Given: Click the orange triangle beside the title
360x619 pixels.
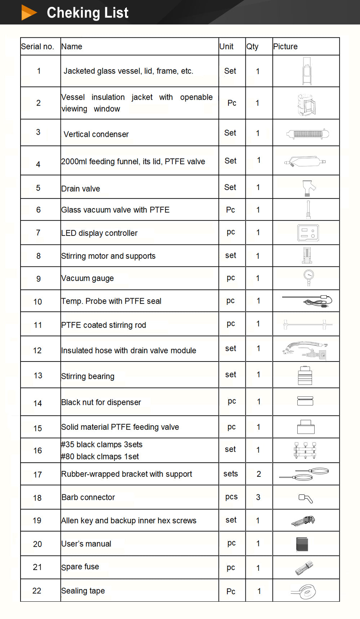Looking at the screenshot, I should pyautogui.click(x=28, y=12).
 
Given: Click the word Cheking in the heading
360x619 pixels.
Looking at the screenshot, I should pyautogui.click(x=68, y=13).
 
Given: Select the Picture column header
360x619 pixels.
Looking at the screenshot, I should pyautogui.click(x=285, y=46).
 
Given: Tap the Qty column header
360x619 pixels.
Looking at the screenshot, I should pyautogui.click(x=252, y=46).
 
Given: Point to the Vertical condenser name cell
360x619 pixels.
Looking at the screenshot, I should pyautogui.click(x=96, y=134).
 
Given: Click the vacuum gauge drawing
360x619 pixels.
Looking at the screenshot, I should pyautogui.click(x=308, y=278).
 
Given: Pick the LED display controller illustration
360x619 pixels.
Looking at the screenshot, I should pyautogui.click(x=308, y=233).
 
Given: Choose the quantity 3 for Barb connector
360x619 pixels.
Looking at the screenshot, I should pyautogui.click(x=258, y=497).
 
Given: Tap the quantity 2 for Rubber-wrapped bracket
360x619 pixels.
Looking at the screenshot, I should pyautogui.click(x=259, y=474).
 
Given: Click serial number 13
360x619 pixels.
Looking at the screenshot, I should pyautogui.click(x=38, y=376).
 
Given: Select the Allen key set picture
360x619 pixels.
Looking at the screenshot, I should pyautogui.click(x=303, y=521).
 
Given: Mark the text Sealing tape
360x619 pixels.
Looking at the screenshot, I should pyautogui.click(x=83, y=591).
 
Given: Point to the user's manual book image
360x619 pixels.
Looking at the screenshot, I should pyautogui.click(x=302, y=544).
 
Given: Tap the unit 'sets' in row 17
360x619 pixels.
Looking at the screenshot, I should pyautogui.click(x=231, y=474).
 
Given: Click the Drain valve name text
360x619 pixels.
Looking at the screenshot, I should pyautogui.click(x=81, y=189).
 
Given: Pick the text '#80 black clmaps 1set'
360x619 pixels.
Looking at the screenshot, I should pyautogui.click(x=100, y=457).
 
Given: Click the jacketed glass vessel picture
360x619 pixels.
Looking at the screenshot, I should pyautogui.click(x=307, y=71).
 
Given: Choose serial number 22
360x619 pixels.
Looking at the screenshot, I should pyautogui.click(x=37, y=591).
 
